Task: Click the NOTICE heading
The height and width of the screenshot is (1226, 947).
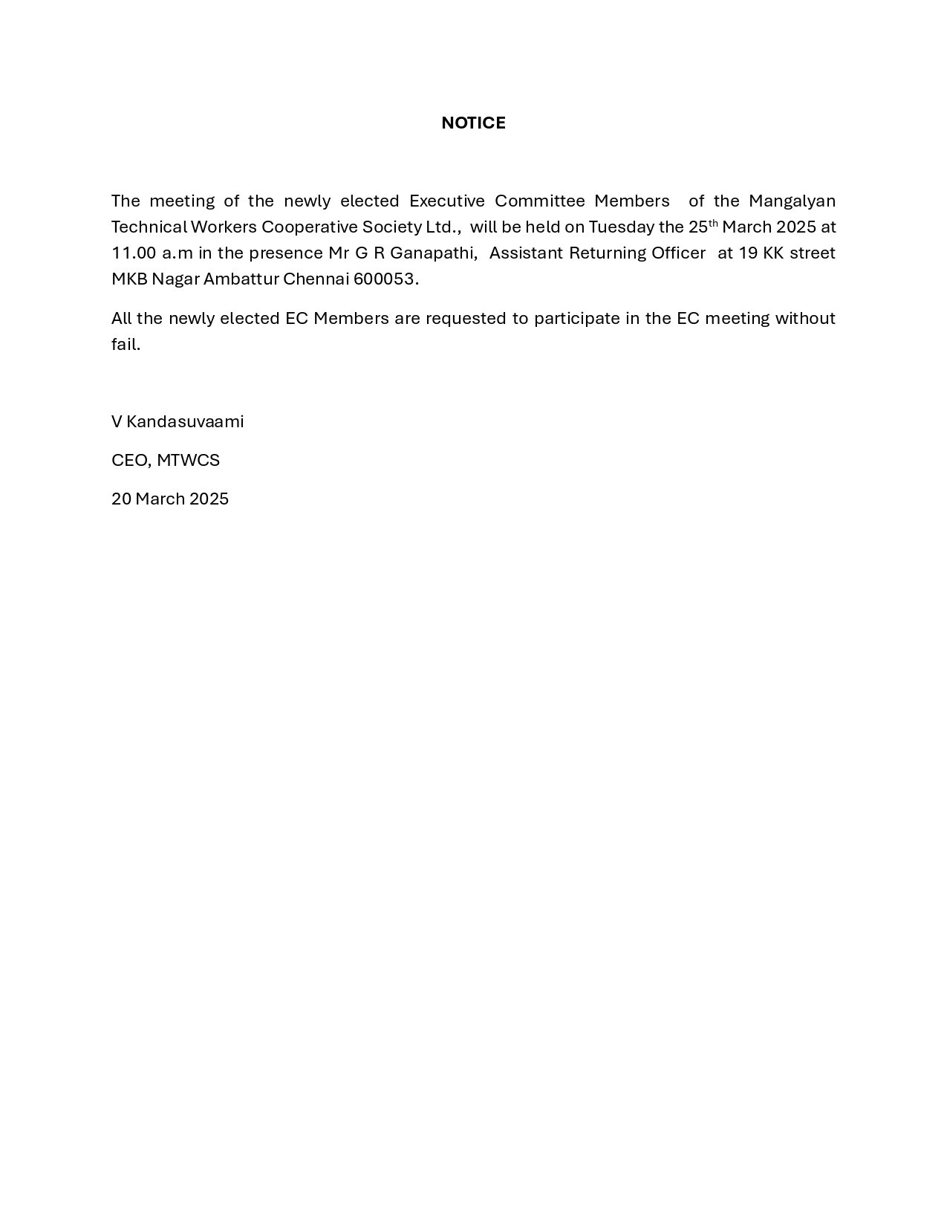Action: click(473, 123)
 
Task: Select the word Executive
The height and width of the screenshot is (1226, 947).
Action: click(447, 201)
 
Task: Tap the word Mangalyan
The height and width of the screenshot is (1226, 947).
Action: click(792, 201)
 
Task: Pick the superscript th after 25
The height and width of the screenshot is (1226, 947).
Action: click(713, 222)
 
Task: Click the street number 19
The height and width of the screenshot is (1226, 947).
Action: click(748, 253)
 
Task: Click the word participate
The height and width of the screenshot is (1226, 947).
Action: click(576, 318)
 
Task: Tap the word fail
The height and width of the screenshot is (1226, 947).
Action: click(126, 344)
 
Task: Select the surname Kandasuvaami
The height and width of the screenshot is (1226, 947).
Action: click(185, 421)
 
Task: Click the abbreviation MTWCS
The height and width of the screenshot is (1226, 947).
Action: click(188, 460)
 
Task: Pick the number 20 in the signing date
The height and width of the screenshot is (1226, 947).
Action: click(121, 499)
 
